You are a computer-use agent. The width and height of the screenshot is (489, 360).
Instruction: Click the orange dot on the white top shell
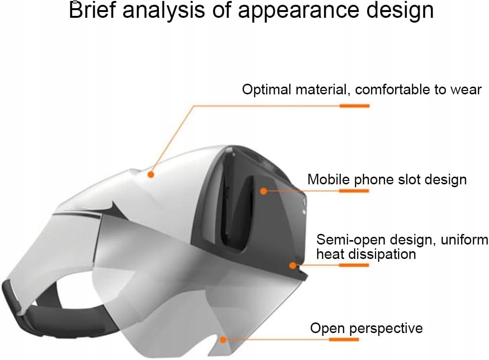coord(151,175)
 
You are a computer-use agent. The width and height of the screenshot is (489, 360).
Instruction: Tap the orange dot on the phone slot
coord(264,191)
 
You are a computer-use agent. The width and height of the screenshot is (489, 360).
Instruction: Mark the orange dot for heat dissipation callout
coord(292,265)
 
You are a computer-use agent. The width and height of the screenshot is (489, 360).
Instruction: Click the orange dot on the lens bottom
coord(222,339)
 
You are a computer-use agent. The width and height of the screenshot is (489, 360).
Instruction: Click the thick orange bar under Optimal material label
coord(354,105)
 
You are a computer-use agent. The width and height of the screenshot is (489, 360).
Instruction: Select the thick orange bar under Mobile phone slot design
coord(354,191)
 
